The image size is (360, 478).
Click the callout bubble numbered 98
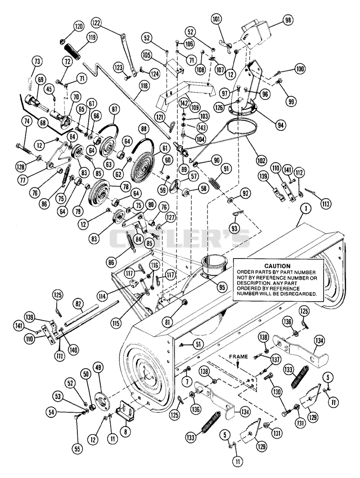[x=288, y=20]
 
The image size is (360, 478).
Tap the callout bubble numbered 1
[x=306, y=209]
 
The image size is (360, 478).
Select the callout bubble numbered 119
[x=91, y=38]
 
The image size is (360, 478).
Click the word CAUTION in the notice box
[x=277, y=266]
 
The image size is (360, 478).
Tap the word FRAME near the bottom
[x=238, y=357]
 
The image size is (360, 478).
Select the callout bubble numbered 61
[x=165, y=148]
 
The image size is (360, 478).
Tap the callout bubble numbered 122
[x=97, y=23]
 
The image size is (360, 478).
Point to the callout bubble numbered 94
[x=280, y=125]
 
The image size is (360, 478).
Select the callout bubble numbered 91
[x=226, y=169]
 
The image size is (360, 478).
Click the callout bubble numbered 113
[x=325, y=203]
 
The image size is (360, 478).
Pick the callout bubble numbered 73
[x=37, y=61]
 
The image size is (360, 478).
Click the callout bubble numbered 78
[x=126, y=187]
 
